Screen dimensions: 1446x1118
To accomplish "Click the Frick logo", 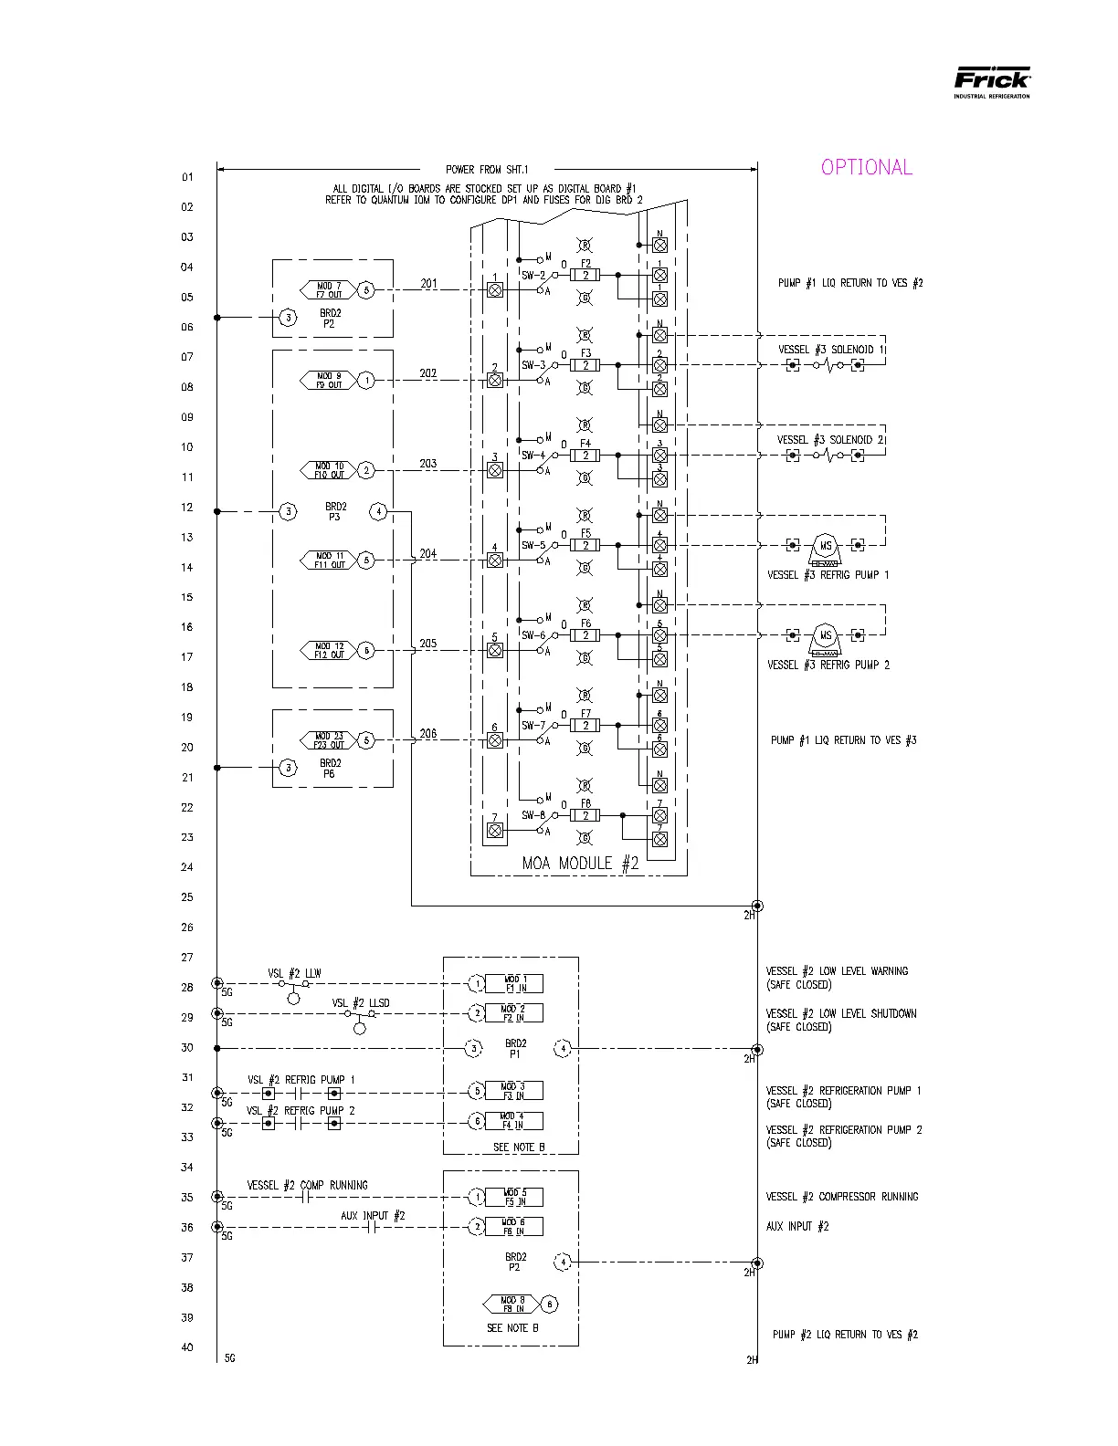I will click(992, 81).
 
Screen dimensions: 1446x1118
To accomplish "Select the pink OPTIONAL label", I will click(866, 167).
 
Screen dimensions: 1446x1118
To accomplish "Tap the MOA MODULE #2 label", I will click(580, 863).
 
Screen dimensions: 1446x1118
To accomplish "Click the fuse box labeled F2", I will click(585, 275).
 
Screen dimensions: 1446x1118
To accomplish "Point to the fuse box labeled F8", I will click(585, 815).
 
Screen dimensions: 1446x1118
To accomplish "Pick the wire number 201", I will click(428, 284).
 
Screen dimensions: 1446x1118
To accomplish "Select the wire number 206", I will click(428, 734).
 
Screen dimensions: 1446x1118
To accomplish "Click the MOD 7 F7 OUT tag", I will click(328, 290).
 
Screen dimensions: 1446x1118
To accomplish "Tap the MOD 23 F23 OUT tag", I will click(329, 740).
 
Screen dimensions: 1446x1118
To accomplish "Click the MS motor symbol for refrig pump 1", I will click(826, 546).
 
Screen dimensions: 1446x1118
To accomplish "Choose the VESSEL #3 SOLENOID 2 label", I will click(830, 440).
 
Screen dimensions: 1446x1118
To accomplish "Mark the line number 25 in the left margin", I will click(187, 897).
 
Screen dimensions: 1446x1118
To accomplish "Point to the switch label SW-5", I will click(533, 546).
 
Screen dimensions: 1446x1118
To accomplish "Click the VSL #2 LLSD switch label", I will click(360, 1003).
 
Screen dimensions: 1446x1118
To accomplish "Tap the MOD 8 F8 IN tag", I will click(513, 1304).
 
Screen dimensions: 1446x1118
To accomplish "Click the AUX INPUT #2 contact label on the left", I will click(373, 1216).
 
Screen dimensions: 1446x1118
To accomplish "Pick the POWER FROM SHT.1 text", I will click(486, 170).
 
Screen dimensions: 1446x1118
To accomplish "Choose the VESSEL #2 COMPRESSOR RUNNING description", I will click(841, 1197).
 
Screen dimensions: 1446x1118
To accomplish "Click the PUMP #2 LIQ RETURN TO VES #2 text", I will click(845, 1335).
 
